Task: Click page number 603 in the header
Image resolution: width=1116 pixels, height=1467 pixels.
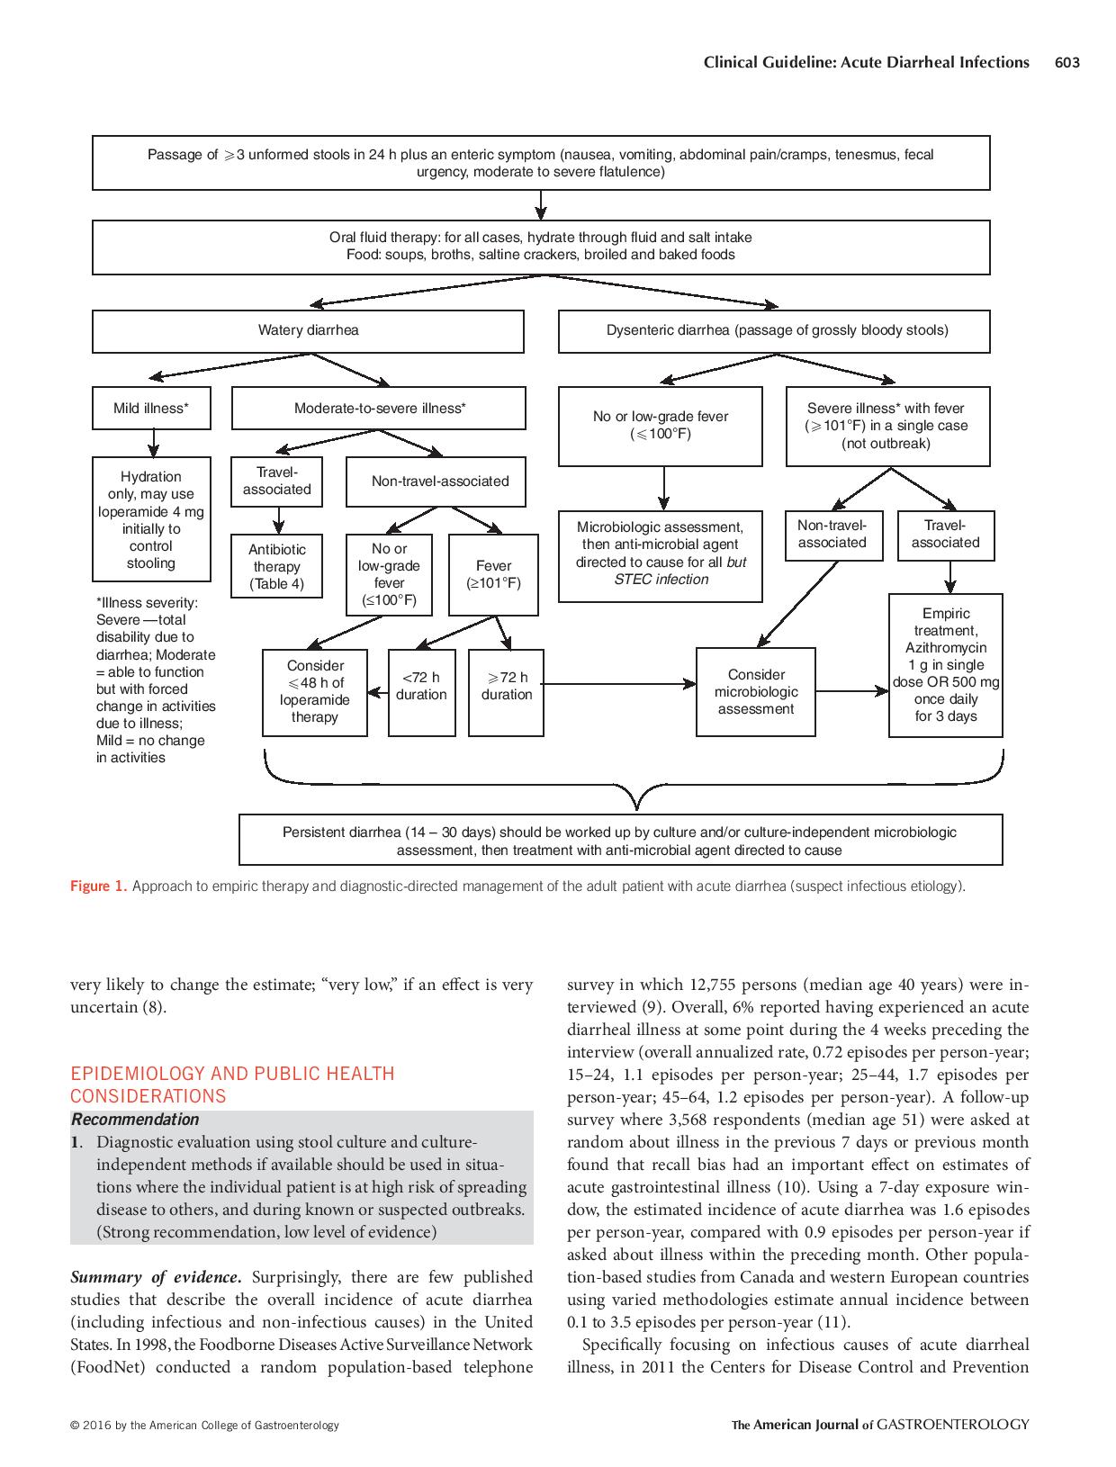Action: click(1066, 62)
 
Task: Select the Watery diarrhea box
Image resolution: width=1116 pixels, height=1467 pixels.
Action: click(308, 330)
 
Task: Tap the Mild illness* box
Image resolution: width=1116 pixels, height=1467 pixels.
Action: click(151, 409)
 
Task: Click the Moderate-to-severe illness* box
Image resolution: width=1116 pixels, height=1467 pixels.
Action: click(379, 409)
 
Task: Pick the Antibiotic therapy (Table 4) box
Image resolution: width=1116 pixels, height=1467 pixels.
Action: click(277, 567)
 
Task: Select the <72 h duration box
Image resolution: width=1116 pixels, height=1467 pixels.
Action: click(421, 692)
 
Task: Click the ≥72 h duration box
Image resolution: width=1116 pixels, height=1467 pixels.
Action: click(507, 692)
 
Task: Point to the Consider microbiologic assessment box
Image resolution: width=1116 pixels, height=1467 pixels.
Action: click(756, 691)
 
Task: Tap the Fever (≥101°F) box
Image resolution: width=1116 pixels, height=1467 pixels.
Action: click(493, 574)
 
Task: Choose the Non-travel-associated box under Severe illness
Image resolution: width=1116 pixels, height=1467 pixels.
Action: click(832, 535)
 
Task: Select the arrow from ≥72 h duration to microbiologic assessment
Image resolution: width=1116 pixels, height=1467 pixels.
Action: click(619, 685)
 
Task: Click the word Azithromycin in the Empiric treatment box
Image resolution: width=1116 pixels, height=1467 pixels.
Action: click(946, 648)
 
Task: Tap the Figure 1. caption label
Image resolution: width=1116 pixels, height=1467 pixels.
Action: click(98, 886)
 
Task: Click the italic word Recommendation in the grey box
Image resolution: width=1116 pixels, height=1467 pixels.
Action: click(135, 1120)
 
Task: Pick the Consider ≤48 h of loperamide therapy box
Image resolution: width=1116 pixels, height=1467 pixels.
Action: click(315, 691)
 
